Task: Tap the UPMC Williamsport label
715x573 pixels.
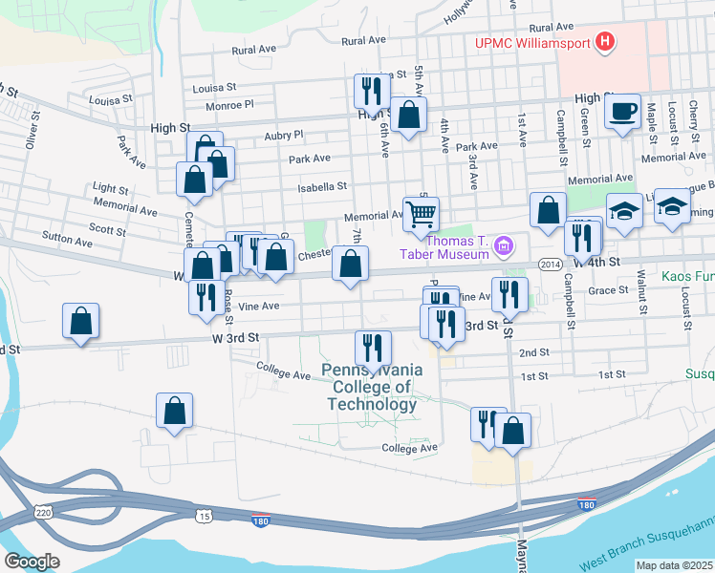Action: pos(531,42)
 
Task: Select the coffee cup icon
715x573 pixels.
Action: pos(622,112)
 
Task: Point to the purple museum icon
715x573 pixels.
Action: pos(503,249)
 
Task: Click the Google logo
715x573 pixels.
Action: pos(31,561)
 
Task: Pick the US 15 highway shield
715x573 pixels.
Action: pos(205,516)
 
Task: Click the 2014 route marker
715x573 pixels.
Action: pos(550,264)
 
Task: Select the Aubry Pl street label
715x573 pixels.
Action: pos(283,136)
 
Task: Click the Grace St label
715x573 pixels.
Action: pos(608,290)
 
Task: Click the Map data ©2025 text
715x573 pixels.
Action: pos(674,565)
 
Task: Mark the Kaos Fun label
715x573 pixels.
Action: pos(687,278)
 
